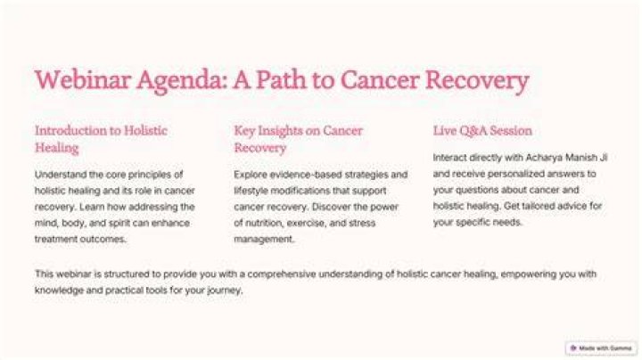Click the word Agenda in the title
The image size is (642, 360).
182,80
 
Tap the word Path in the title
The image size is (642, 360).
282,79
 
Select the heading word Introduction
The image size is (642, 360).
72,130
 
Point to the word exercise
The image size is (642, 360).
307,223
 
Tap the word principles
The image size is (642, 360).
151,175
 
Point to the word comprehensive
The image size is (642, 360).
281,274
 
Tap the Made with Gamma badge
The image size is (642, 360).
601,348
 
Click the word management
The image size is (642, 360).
264,240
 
